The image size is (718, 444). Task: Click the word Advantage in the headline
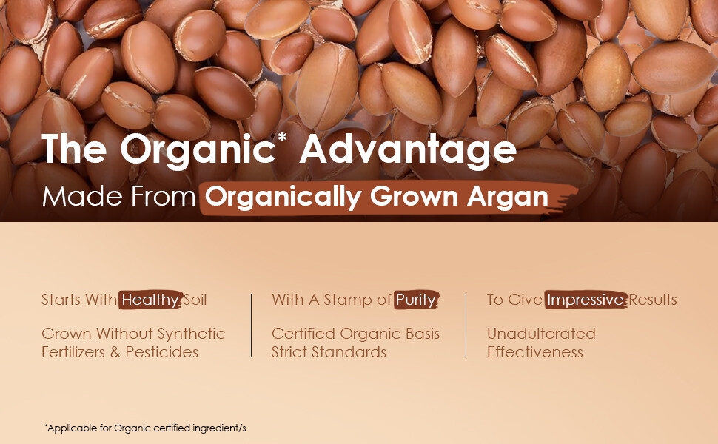pos(408,149)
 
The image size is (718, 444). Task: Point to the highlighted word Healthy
pos(150,300)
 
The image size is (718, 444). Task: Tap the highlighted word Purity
pos(416,300)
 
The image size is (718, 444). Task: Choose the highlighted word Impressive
pos(586,300)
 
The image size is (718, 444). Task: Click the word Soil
pos(195,300)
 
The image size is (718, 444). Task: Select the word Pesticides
pos(161,352)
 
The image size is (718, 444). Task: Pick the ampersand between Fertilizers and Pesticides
pos(115,352)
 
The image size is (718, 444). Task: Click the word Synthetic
pos(191,334)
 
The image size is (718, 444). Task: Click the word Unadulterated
pos(541,334)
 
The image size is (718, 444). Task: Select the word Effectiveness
pos(535,352)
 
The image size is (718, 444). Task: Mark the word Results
pos(653,300)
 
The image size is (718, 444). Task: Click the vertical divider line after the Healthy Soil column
pos(252,326)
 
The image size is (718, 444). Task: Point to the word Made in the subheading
pos(82,196)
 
